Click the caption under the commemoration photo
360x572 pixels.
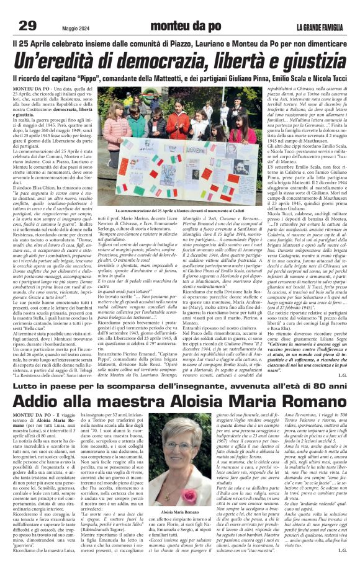click(x=180, y=212)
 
